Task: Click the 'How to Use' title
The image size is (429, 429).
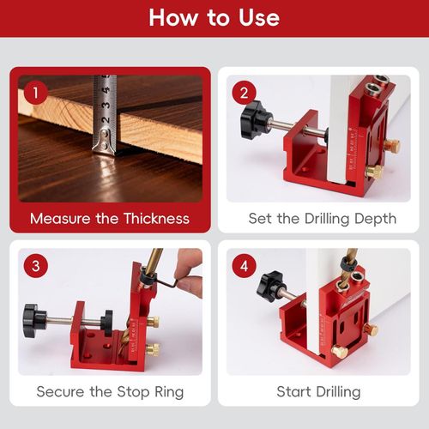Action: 214,18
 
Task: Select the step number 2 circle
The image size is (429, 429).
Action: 245,93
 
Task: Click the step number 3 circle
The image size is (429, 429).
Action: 35,266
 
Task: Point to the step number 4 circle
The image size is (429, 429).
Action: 245,266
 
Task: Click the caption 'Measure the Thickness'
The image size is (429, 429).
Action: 110,218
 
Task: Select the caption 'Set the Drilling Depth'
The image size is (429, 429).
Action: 323,218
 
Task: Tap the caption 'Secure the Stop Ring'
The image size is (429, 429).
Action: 110,392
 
